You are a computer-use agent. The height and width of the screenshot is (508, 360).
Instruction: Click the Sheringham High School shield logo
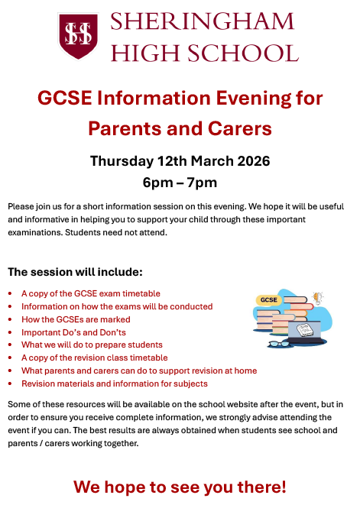click(x=78, y=36)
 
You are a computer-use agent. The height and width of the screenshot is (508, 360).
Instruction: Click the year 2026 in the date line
click(x=250, y=161)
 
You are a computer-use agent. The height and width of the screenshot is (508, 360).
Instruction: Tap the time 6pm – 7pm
click(x=180, y=183)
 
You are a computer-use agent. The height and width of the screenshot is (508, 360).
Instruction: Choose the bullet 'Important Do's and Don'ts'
click(x=73, y=332)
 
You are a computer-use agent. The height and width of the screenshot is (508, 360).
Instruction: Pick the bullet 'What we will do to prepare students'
click(x=92, y=345)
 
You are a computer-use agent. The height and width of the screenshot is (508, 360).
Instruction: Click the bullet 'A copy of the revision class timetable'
click(x=94, y=358)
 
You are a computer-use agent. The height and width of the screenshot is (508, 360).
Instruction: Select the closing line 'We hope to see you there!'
click(x=180, y=487)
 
